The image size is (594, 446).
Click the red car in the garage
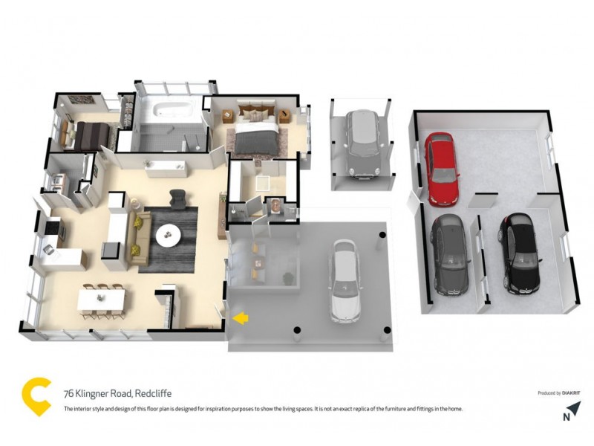tap(440, 169)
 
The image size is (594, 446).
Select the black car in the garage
tap(518, 254)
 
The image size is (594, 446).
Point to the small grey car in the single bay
tap(362, 144)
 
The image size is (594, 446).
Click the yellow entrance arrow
tap(241, 318)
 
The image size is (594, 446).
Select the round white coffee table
tap(168, 235)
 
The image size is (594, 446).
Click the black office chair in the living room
tap(177, 198)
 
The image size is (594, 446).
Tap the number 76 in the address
tap(68, 393)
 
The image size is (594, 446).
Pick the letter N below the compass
tap(567, 418)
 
